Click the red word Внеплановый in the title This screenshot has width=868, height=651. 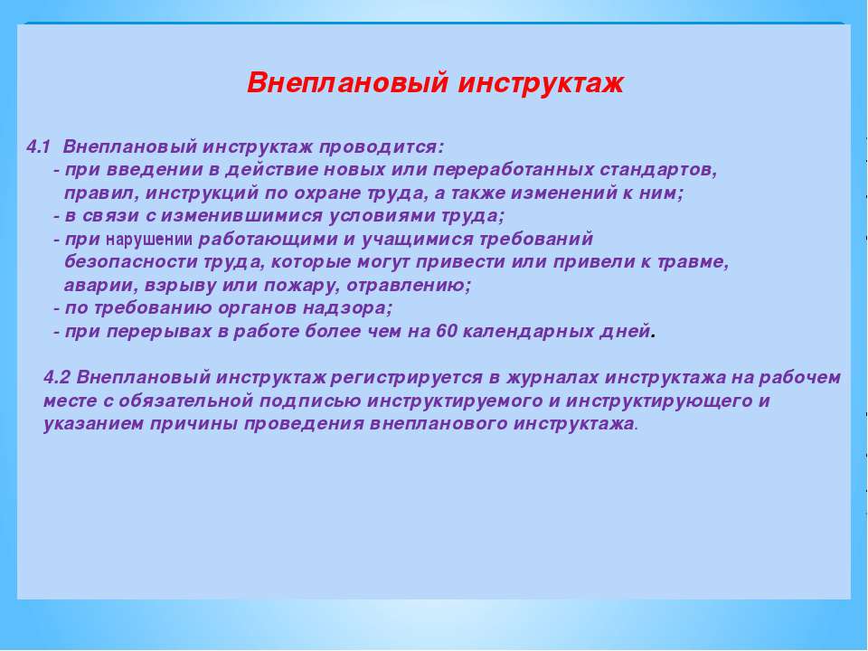(x=347, y=83)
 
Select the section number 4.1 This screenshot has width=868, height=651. (x=38, y=147)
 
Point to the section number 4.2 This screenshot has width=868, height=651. (x=57, y=378)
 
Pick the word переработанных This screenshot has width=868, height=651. (x=514, y=170)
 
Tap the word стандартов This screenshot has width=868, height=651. (x=658, y=170)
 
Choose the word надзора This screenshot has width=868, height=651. (x=347, y=308)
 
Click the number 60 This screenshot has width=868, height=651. (x=446, y=331)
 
